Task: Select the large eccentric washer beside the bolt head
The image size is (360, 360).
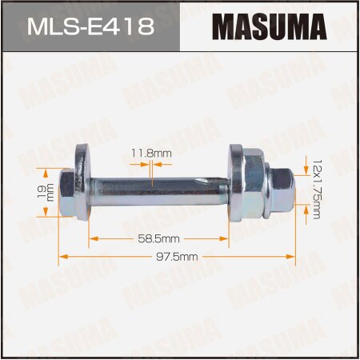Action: point(79,183)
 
